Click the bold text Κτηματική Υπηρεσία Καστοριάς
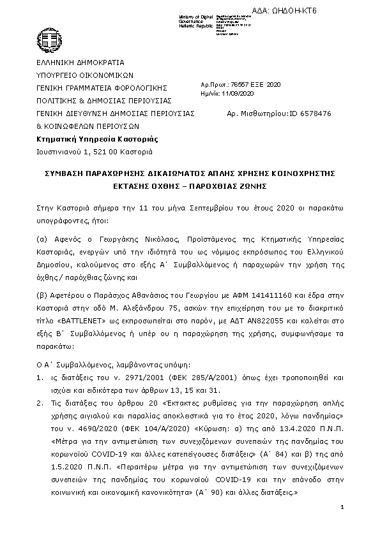point(98,139)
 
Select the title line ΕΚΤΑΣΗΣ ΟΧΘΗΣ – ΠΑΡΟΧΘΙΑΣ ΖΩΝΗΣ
point(190,186)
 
